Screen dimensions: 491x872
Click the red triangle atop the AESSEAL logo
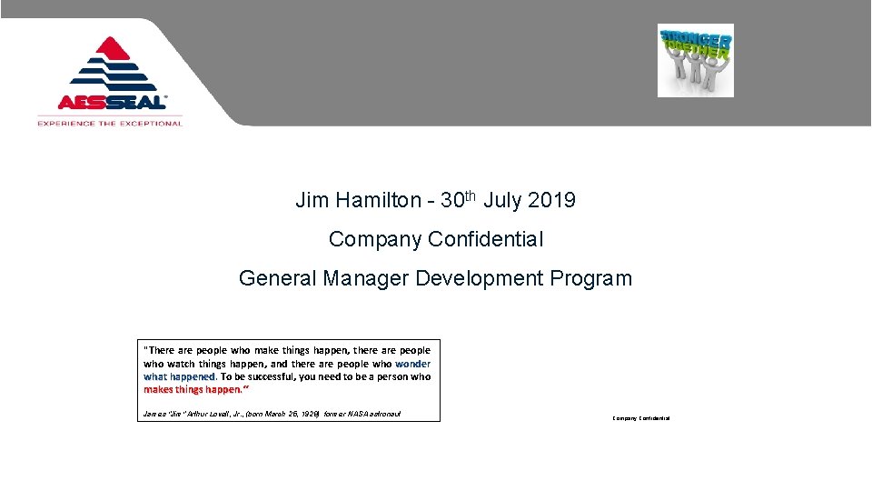110,47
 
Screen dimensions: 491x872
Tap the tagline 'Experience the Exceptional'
110,123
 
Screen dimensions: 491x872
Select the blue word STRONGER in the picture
696,38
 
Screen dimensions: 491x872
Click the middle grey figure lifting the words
696,73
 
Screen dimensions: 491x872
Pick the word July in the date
502,200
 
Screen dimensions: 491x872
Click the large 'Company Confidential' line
436,239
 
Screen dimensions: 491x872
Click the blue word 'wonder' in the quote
413,363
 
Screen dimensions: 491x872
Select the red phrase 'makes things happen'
193,389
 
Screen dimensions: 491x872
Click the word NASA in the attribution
359,415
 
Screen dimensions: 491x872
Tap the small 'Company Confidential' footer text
641,418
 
